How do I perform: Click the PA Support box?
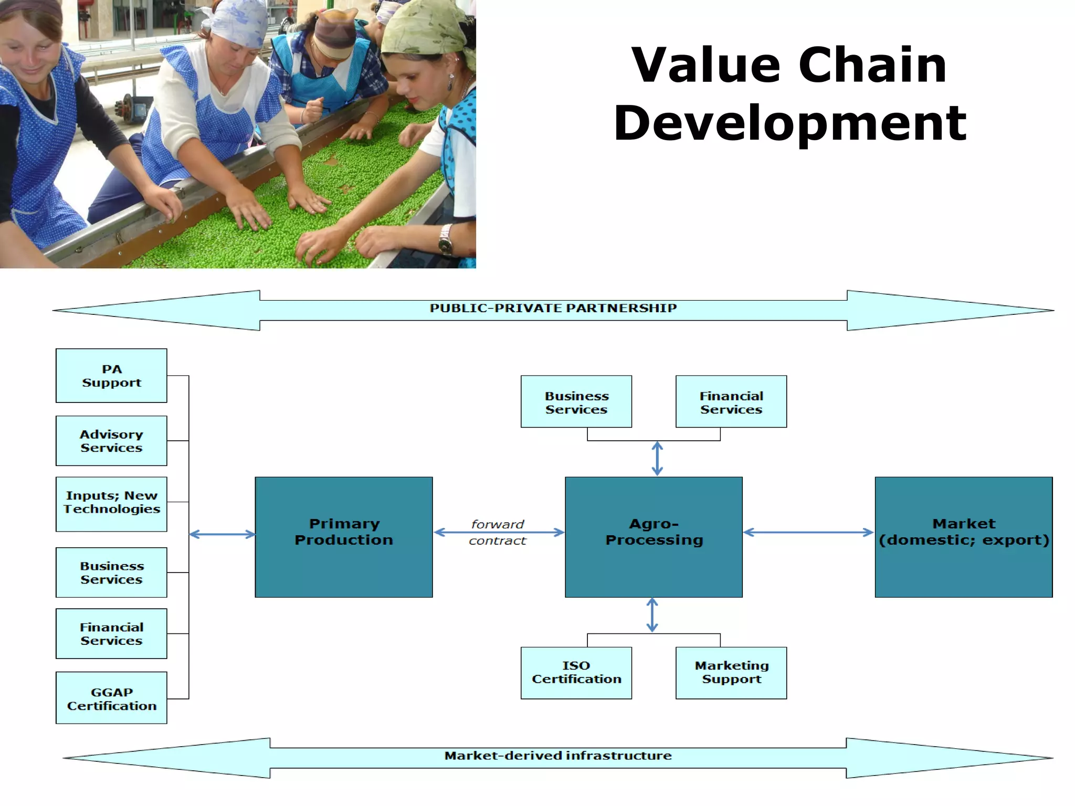pos(111,376)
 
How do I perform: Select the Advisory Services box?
pos(111,441)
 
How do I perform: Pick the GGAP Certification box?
pos(111,698)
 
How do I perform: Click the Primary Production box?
pos(344,537)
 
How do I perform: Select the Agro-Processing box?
pos(654,537)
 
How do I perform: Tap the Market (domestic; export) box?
pos(964,537)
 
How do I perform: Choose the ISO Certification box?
pos(576,673)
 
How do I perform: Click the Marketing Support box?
pos(731,673)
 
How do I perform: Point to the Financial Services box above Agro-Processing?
pos(731,401)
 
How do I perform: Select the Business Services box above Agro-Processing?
pos(576,401)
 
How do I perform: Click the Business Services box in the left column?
pos(111,572)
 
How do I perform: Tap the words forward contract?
pos(498,532)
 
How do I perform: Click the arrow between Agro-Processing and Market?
pos(808,532)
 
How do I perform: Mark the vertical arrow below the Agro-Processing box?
pos(652,615)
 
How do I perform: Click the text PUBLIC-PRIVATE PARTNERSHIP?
pos(553,308)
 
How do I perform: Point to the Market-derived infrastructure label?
pos(557,756)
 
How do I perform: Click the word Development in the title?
pos(790,124)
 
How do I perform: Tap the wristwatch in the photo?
pos(446,240)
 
